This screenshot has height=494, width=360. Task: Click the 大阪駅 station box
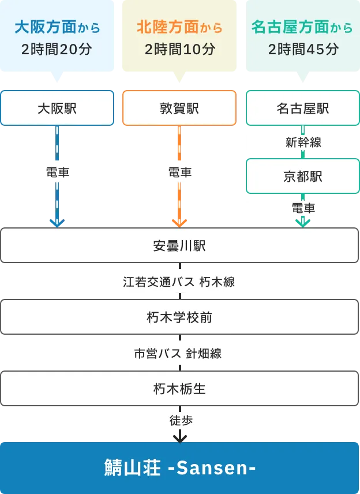(x=57, y=108)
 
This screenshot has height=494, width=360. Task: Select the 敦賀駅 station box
(x=179, y=108)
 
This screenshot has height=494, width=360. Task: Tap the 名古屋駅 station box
(x=303, y=108)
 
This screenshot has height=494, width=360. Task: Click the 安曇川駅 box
(x=179, y=246)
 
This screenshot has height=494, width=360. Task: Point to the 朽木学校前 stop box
(x=179, y=317)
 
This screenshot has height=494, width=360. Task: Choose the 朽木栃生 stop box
(x=179, y=389)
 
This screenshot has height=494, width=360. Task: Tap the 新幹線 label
(x=303, y=143)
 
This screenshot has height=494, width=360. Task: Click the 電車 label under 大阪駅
(x=57, y=171)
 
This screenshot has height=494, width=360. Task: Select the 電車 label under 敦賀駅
(x=179, y=171)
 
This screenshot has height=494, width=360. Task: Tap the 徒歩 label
(x=180, y=420)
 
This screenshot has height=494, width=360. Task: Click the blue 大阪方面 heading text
(x=49, y=27)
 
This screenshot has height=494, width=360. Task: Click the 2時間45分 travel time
(x=303, y=49)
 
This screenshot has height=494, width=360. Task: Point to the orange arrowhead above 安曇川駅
(x=179, y=222)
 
